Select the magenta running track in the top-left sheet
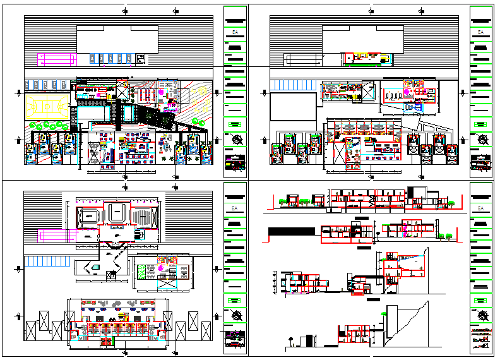56,59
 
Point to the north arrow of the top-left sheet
236,140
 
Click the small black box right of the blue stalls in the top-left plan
141,59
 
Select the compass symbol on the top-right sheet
482,140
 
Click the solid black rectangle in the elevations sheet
292,232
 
